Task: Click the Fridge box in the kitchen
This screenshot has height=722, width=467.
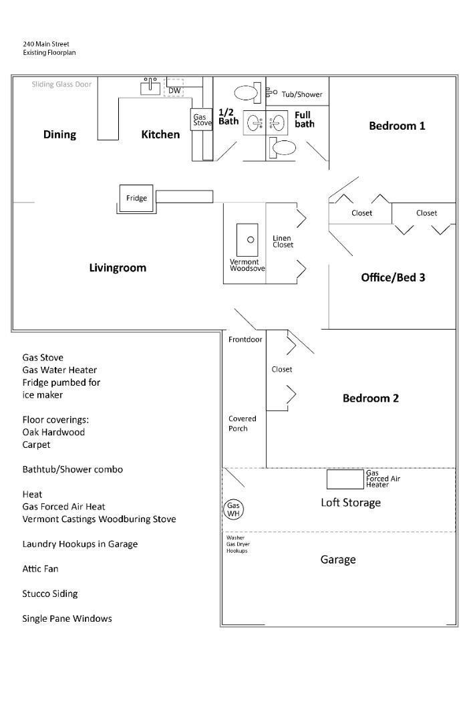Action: [x=136, y=198]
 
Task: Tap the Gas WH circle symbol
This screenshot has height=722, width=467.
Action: [x=233, y=510]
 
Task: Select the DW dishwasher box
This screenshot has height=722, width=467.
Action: [x=174, y=90]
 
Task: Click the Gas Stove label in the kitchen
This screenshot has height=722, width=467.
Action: [x=200, y=120]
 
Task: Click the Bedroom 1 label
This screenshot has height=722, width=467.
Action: [x=397, y=126]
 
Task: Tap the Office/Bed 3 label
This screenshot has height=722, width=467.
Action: [x=393, y=277]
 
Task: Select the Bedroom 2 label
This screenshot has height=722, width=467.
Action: [x=370, y=398]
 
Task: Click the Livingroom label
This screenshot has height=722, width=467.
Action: [x=118, y=268]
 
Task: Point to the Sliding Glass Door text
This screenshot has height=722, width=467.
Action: [x=61, y=84]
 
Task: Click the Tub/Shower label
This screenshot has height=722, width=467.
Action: [x=301, y=94]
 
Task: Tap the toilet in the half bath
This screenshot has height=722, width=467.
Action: [x=248, y=92]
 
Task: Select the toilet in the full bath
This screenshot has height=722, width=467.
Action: [x=284, y=148]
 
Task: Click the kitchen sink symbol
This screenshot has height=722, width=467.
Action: [x=150, y=86]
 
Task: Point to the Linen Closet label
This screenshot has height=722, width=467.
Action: [x=283, y=241]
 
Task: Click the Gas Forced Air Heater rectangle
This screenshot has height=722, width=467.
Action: [x=345, y=479]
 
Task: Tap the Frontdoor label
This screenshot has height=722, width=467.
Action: [x=245, y=340]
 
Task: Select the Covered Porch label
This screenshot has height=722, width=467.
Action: [x=242, y=423]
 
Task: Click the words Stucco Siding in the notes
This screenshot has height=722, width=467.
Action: [x=50, y=594]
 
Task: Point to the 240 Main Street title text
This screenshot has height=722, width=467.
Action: [x=46, y=44]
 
